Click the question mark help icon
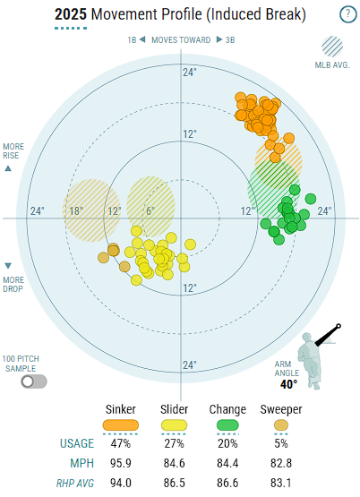[x=348, y=14]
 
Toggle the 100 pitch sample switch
[x=34, y=381]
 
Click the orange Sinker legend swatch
[x=121, y=425]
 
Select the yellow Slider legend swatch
[x=174, y=425]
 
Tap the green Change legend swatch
[x=227, y=425]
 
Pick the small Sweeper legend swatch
[x=281, y=425]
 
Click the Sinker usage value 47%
[x=121, y=443]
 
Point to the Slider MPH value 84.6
[x=174, y=463]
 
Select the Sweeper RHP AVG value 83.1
[x=281, y=483]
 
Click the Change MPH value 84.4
[x=227, y=463]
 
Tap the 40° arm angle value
[x=288, y=384]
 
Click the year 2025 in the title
[x=71, y=14]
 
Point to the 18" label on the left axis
[x=76, y=210]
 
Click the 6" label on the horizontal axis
[x=150, y=210]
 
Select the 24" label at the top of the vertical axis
[x=190, y=73]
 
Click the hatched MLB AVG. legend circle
[x=332, y=47]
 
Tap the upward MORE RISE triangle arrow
[x=8, y=168]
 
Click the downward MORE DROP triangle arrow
[x=8, y=266]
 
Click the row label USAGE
[x=77, y=443]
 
